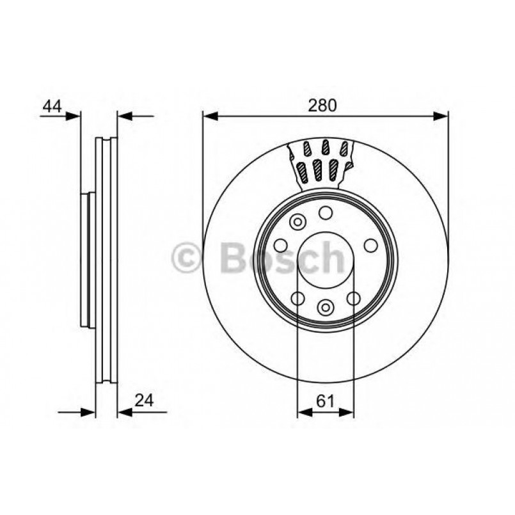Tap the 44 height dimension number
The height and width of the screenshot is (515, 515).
(x=52, y=106)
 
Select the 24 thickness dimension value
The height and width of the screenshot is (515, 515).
(x=145, y=400)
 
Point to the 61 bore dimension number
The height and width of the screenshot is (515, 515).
(x=326, y=400)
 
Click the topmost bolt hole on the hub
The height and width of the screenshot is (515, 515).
(x=326, y=213)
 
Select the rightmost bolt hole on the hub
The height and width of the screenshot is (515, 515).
(x=370, y=245)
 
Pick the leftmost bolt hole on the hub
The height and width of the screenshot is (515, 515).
(x=280, y=245)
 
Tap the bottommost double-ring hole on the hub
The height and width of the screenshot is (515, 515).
(x=326, y=308)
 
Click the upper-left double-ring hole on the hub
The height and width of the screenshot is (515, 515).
(x=297, y=222)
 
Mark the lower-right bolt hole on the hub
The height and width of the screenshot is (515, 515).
(x=353, y=298)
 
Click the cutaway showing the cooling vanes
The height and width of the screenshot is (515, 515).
(x=324, y=163)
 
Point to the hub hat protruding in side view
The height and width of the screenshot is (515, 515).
(x=87, y=259)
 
